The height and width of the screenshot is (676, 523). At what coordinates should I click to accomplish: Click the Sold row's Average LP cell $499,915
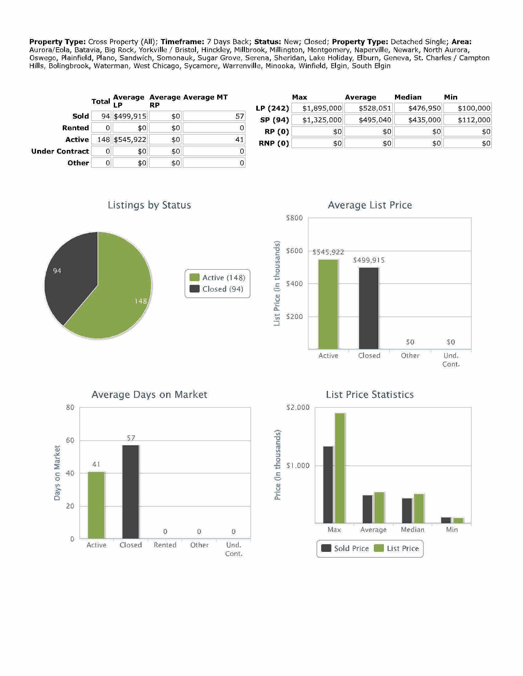(130, 116)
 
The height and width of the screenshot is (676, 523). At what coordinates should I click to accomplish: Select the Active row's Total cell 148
(101, 140)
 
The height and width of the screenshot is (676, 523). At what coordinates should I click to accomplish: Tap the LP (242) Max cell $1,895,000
(317, 108)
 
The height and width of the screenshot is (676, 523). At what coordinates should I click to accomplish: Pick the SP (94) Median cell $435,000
(418, 120)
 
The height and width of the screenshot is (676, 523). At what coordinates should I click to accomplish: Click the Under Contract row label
(60, 151)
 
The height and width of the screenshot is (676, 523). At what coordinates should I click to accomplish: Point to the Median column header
(408, 97)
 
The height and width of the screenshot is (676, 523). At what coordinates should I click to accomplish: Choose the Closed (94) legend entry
(217, 289)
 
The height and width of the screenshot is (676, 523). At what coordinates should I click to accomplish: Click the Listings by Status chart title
(149, 205)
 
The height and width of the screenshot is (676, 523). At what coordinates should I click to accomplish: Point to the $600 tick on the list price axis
(294, 251)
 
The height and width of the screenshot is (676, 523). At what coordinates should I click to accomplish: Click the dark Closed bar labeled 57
(130, 492)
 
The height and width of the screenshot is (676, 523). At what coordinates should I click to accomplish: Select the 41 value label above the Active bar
(96, 464)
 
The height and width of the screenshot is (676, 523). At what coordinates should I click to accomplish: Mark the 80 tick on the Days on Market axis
(70, 407)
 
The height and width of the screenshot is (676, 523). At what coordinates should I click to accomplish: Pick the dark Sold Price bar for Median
(407, 511)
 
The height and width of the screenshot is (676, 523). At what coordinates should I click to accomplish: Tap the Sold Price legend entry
(345, 548)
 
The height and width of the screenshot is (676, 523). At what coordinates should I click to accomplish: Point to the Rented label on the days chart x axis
(165, 545)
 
